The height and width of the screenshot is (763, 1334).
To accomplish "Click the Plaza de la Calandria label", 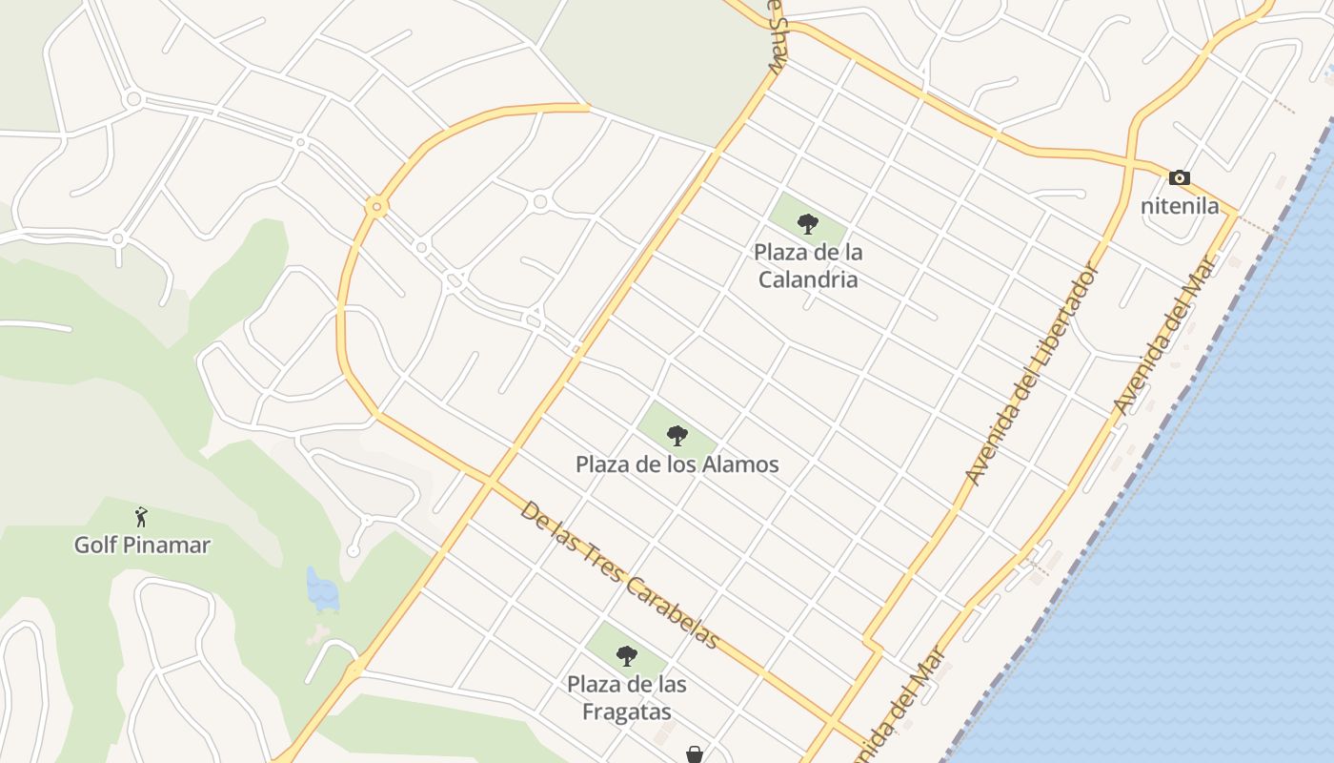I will [x=807, y=266].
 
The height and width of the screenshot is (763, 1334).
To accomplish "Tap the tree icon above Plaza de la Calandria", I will [x=807, y=224].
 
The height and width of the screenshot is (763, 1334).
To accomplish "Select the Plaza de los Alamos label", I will [x=677, y=464].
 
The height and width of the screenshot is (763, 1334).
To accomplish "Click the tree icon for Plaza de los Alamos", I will [x=677, y=436].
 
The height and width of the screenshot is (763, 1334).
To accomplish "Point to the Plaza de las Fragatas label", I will [x=626, y=698].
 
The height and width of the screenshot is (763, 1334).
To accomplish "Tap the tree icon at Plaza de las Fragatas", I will [x=626, y=655].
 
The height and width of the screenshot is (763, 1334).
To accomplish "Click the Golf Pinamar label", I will [x=142, y=545].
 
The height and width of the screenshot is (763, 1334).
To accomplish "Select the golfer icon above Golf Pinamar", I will [x=142, y=517].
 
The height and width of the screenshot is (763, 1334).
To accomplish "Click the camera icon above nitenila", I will [x=1180, y=177].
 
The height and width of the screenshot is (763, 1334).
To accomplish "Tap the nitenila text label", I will [x=1180, y=205].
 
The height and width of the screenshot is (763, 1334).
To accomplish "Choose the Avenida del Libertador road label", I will [x=1033, y=373].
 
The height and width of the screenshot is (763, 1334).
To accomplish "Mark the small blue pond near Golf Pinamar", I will [x=322, y=588].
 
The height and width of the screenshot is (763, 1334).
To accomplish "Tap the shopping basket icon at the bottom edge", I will [x=695, y=754].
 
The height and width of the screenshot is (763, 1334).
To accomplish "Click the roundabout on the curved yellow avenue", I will [x=377, y=206].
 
